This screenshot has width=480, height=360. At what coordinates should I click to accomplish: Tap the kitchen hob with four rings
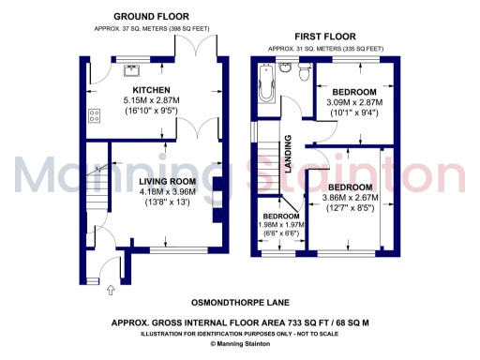tap(95, 116)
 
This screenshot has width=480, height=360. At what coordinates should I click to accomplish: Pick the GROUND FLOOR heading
tap(150, 17)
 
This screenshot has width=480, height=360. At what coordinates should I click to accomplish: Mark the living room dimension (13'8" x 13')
tap(168, 202)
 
